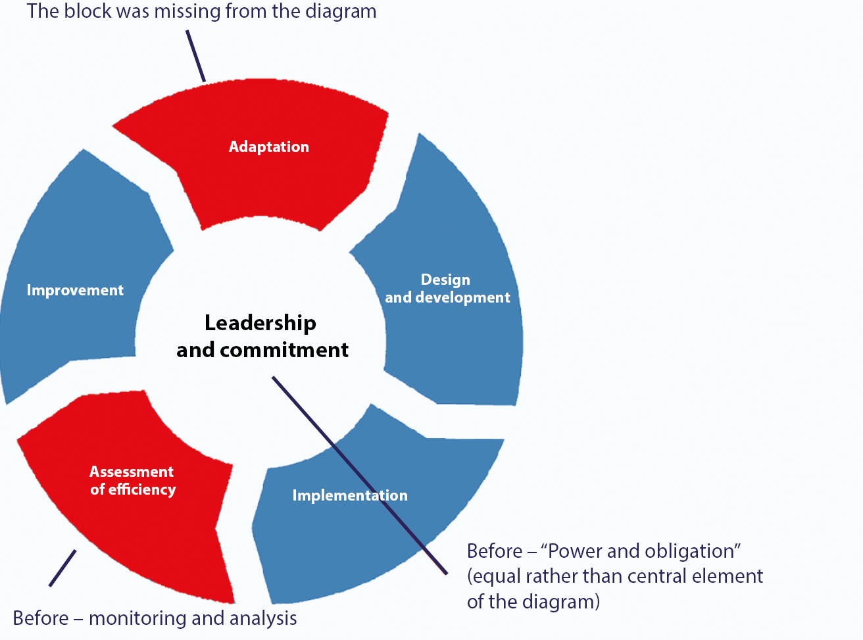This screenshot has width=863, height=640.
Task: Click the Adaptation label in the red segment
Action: (269, 147)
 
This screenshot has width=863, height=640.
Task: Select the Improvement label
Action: (75, 291)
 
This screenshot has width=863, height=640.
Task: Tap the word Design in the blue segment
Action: (445, 280)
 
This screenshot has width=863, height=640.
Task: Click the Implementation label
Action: (350, 495)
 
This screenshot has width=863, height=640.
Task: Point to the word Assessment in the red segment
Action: (132, 472)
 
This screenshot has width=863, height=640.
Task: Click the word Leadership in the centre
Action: (260, 324)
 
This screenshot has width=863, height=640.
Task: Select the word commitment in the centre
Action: (284, 350)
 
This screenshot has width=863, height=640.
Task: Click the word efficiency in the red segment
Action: (142, 490)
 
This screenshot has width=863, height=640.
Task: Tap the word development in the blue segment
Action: (462, 298)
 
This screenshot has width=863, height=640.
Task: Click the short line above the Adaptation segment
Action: (196, 56)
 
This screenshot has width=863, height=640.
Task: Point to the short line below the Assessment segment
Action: (62, 568)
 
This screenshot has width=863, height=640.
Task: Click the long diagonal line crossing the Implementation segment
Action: (360, 475)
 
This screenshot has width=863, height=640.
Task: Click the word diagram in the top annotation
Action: (341, 12)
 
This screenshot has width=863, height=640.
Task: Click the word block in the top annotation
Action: (87, 11)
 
